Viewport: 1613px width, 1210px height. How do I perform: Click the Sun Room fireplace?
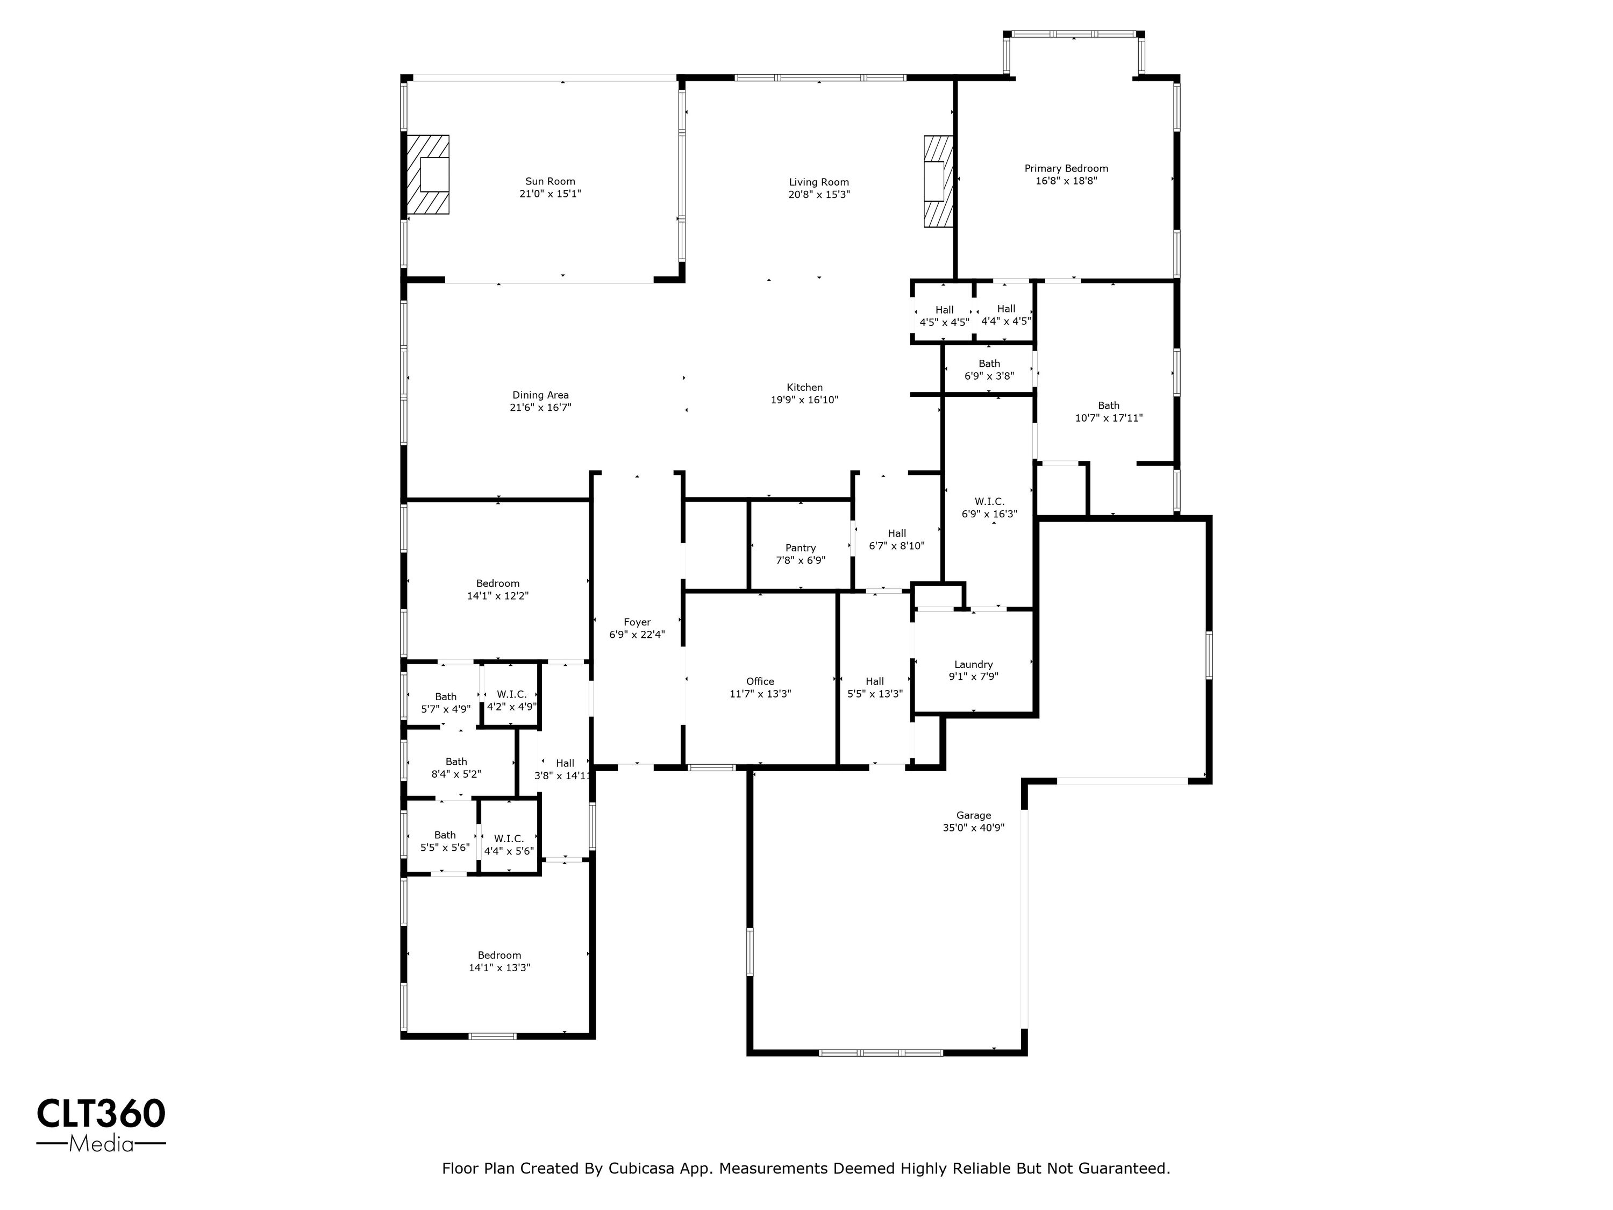point(427,174)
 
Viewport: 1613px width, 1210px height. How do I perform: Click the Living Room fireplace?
point(938,181)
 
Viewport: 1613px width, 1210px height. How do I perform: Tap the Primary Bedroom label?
point(1066,168)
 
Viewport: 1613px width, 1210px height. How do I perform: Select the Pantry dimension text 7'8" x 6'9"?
point(801,561)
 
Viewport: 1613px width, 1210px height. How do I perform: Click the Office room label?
point(760,681)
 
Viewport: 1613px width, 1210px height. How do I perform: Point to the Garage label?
point(974,815)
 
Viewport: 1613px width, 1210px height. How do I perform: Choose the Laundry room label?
point(974,665)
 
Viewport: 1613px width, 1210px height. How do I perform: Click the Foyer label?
point(637,622)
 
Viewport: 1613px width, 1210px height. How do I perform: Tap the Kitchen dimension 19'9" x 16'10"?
point(804,400)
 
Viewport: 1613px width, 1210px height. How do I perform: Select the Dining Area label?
point(540,395)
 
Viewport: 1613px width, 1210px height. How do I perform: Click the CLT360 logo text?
point(102,1114)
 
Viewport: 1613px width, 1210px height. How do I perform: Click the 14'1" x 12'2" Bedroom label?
point(498,583)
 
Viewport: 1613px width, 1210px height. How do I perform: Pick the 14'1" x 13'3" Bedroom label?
point(499,956)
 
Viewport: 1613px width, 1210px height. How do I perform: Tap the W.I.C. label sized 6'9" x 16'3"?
point(989,502)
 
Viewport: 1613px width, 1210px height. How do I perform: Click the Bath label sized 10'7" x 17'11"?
point(1108,405)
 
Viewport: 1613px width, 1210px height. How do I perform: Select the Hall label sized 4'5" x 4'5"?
point(944,310)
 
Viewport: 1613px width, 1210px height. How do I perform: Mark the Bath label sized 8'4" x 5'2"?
point(456,761)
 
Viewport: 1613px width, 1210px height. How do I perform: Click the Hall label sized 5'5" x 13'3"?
point(875,681)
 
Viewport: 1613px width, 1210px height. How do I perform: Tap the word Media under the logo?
point(102,1144)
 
